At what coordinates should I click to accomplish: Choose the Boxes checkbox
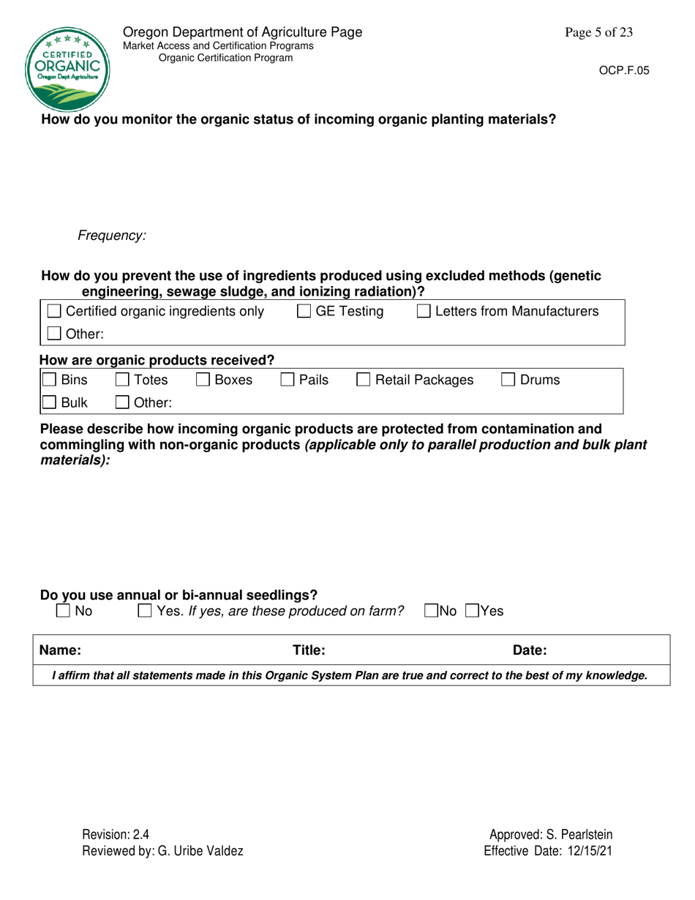point(202,380)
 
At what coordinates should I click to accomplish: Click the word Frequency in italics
point(112,236)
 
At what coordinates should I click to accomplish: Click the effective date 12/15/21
point(589,851)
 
